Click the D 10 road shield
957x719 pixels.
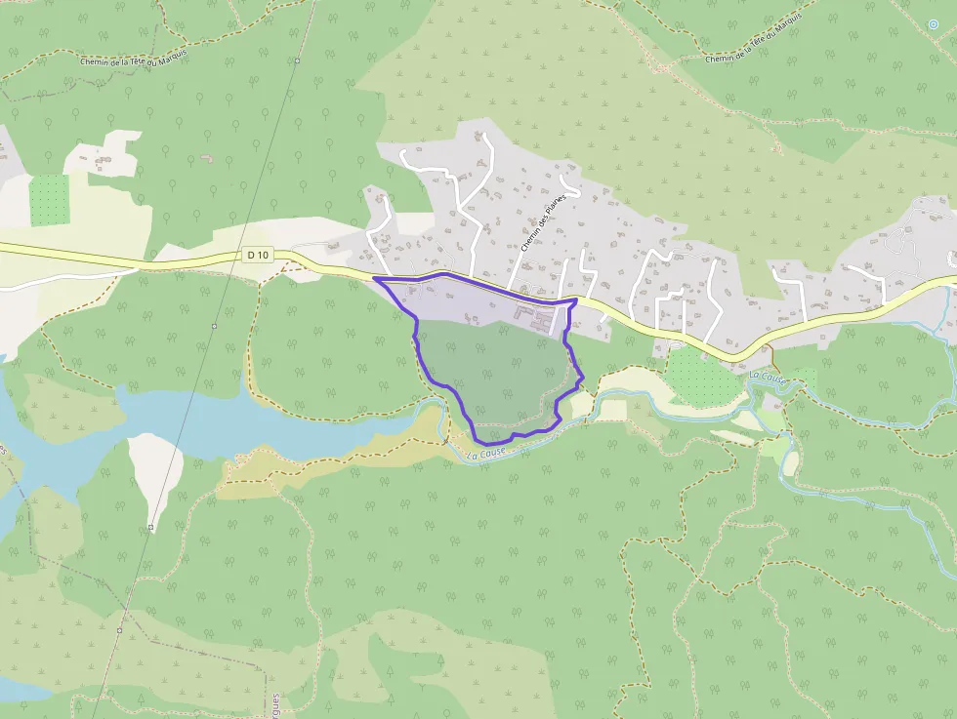pyautogui.click(x=257, y=256)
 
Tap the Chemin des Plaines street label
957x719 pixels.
pyautogui.click(x=544, y=223)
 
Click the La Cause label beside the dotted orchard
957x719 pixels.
pyautogui.click(x=768, y=376)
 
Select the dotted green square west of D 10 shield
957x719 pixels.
pyautogui.click(x=49, y=201)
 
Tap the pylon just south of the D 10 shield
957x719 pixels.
pyautogui.click(x=214, y=326)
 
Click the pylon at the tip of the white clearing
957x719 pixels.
pyautogui.click(x=151, y=528)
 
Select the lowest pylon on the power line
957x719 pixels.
pyautogui.click(x=119, y=630)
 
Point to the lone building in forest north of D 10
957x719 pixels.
pyautogui.click(x=206, y=156)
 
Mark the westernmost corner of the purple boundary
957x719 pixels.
pyautogui.click(x=375, y=280)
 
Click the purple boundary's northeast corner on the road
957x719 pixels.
pyautogui.click(x=574, y=302)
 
